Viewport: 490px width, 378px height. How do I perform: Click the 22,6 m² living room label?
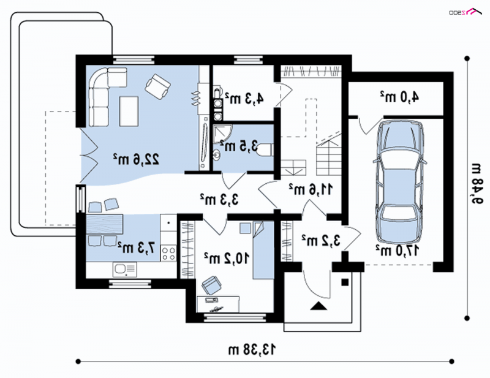(x=136, y=159)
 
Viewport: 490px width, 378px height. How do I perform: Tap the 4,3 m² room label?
(x=244, y=98)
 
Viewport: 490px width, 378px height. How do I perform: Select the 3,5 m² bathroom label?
(x=239, y=146)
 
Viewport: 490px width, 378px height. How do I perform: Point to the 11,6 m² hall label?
(x=311, y=189)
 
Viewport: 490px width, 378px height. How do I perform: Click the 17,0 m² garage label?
(x=397, y=251)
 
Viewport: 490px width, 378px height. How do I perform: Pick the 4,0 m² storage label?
(x=399, y=97)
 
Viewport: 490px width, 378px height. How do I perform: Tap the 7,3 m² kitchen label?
(x=136, y=248)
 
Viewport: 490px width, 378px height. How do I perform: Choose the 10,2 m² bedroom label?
(x=227, y=259)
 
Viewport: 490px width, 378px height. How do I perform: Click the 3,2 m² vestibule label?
(x=321, y=241)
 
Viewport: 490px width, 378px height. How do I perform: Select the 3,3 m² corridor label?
(x=219, y=199)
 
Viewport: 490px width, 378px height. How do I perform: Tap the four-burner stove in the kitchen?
(x=168, y=253)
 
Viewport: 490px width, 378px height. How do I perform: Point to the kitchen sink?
(x=125, y=269)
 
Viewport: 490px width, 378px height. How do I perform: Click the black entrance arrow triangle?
(x=318, y=306)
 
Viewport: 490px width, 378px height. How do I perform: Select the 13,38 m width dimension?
(x=252, y=349)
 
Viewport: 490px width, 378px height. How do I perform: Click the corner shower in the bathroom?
(x=223, y=134)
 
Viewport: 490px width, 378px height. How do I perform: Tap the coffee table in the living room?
(x=129, y=111)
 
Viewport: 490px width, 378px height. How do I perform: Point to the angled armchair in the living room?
(x=158, y=86)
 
